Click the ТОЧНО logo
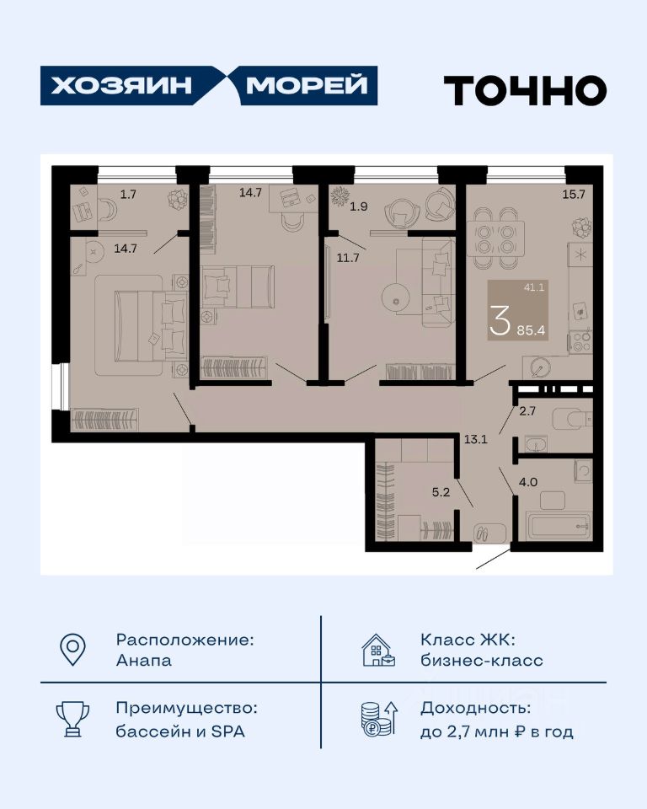525,90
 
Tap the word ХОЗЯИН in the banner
121,85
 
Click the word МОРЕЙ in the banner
307,84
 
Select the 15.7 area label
574,194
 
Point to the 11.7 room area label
348,258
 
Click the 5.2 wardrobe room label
441,492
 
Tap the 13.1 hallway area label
476,440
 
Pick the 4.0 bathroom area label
528,482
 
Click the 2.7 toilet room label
527,410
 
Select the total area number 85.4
531,330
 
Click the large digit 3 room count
500,320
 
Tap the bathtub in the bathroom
558,526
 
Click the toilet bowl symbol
571,419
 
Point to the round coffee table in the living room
396,297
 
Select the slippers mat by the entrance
489,533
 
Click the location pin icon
72,650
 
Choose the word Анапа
144,661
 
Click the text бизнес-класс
482,661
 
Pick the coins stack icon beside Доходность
379,719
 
